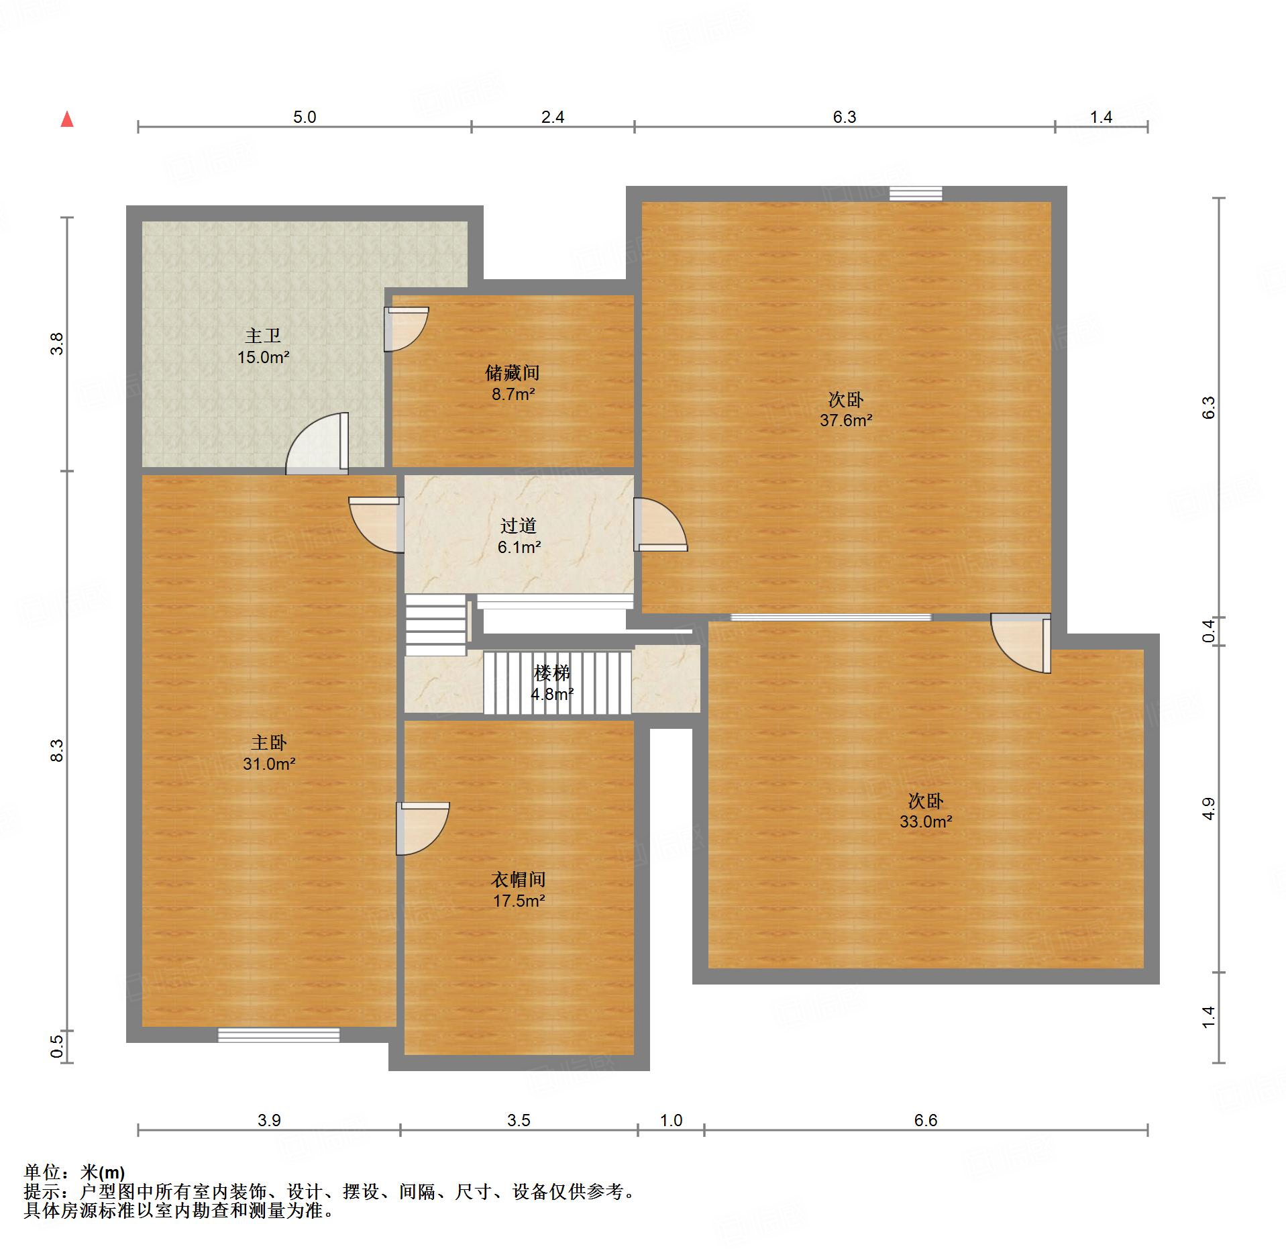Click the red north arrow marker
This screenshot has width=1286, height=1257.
click(67, 119)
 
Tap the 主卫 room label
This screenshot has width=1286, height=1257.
click(262, 335)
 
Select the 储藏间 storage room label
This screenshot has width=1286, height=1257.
click(513, 372)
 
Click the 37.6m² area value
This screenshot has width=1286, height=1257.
click(846, 421)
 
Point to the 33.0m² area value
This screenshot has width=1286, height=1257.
click(926, 821)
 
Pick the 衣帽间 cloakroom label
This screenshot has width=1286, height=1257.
click(519, 879)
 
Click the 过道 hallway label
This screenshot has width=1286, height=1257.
click(519, 526)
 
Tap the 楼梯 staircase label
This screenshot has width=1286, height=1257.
click(551, 672)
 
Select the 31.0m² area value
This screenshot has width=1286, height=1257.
click(269, 764)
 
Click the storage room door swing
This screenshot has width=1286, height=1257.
click(407, 329)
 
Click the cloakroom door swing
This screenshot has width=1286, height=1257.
click(423, 828)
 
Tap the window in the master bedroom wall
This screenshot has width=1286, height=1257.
click(278, 1035)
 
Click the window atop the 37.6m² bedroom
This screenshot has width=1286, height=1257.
click(916, 194)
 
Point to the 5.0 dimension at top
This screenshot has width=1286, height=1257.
click(305, 117)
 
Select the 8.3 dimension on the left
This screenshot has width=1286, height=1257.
click(58, 750)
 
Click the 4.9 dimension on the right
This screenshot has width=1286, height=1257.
click(1209, 809)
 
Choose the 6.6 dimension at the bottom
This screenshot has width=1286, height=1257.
click(926, 1120)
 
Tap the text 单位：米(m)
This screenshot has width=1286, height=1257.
click(74, 1172)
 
